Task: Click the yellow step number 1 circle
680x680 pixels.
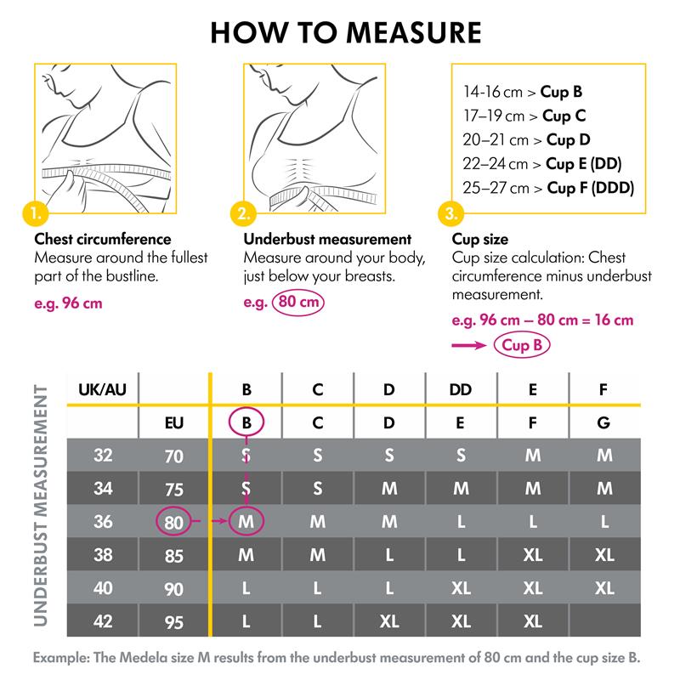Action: tap(35, 212)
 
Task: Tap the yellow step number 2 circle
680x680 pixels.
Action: tap(244, 212)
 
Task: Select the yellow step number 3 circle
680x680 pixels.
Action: tap(450, 212)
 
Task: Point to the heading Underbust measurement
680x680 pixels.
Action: tap(327, 240)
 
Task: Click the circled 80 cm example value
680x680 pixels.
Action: tap(297, 303)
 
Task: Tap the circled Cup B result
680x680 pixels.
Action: tap(521, 345)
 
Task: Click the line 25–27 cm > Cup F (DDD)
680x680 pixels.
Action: tap(548, 188)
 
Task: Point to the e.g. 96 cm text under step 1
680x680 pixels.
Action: tap(68, 303)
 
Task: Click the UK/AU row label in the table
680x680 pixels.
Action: tap(103, 390)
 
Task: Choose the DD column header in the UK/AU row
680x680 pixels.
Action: tap(461, 390)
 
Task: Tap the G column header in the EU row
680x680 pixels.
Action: tap(604, 422)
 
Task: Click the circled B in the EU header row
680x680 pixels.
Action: tap(246, 422)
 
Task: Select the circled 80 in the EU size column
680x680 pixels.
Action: tap(174, 523)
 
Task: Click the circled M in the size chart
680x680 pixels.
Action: tap(246, 522)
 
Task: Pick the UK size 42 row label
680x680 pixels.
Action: tap(103, 621)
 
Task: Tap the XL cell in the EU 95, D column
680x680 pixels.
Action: tap(389, 621)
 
